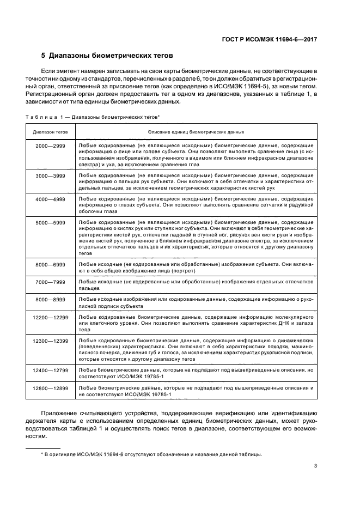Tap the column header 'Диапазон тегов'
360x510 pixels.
[50, 132]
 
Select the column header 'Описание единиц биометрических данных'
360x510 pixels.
[196, 132]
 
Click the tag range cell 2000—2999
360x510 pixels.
[50, 147]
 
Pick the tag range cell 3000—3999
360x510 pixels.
[50, 176]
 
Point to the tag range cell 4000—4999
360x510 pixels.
[50, 199]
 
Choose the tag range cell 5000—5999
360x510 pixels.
[50, 223]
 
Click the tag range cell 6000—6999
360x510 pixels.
[50, 264]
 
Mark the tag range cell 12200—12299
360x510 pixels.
[50, 317]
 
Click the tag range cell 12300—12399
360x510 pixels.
[50, 340]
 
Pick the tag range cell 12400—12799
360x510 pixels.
[50, 370]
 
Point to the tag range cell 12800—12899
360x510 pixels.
[50, 387]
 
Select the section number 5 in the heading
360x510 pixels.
[44, 56]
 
